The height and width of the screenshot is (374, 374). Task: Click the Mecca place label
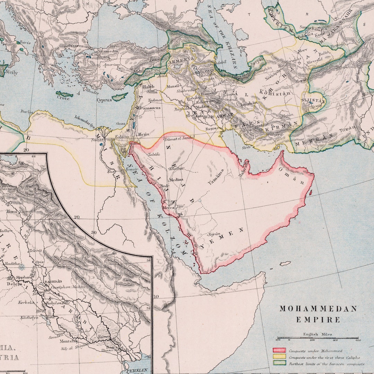pyautogui.click(x=168, y=208)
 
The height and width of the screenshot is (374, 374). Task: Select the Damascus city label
pyautogui.click(x=150, y=108)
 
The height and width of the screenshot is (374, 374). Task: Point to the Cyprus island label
pyautogui.click(x=104, y=100)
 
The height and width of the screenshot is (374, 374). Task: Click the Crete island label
pyautogui.click(x=63, y=98)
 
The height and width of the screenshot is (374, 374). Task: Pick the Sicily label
pyautogui.click(x=11, y=73)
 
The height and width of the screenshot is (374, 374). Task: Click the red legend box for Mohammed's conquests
pyautogui.click(x=279, y=350)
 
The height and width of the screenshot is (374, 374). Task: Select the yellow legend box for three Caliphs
pyautogui.click(x=279, y=357)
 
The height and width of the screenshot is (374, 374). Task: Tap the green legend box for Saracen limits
pyautogui.click(x=279, y=363)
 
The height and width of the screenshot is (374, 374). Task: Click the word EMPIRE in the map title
pyautogui.click(x=318, y=320)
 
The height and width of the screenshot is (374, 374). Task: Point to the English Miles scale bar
pyautogui.click(x=318, y=338)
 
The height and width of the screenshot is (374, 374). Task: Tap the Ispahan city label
pyautogui.click(x=249, y=103)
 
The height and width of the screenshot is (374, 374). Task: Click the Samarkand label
pyautogui.click(x=309, y=27)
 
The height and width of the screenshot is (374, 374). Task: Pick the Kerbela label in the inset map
pyautogui.click(x=27, y=302)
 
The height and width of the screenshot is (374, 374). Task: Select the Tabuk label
pyautogui.click(x=154, y=155)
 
